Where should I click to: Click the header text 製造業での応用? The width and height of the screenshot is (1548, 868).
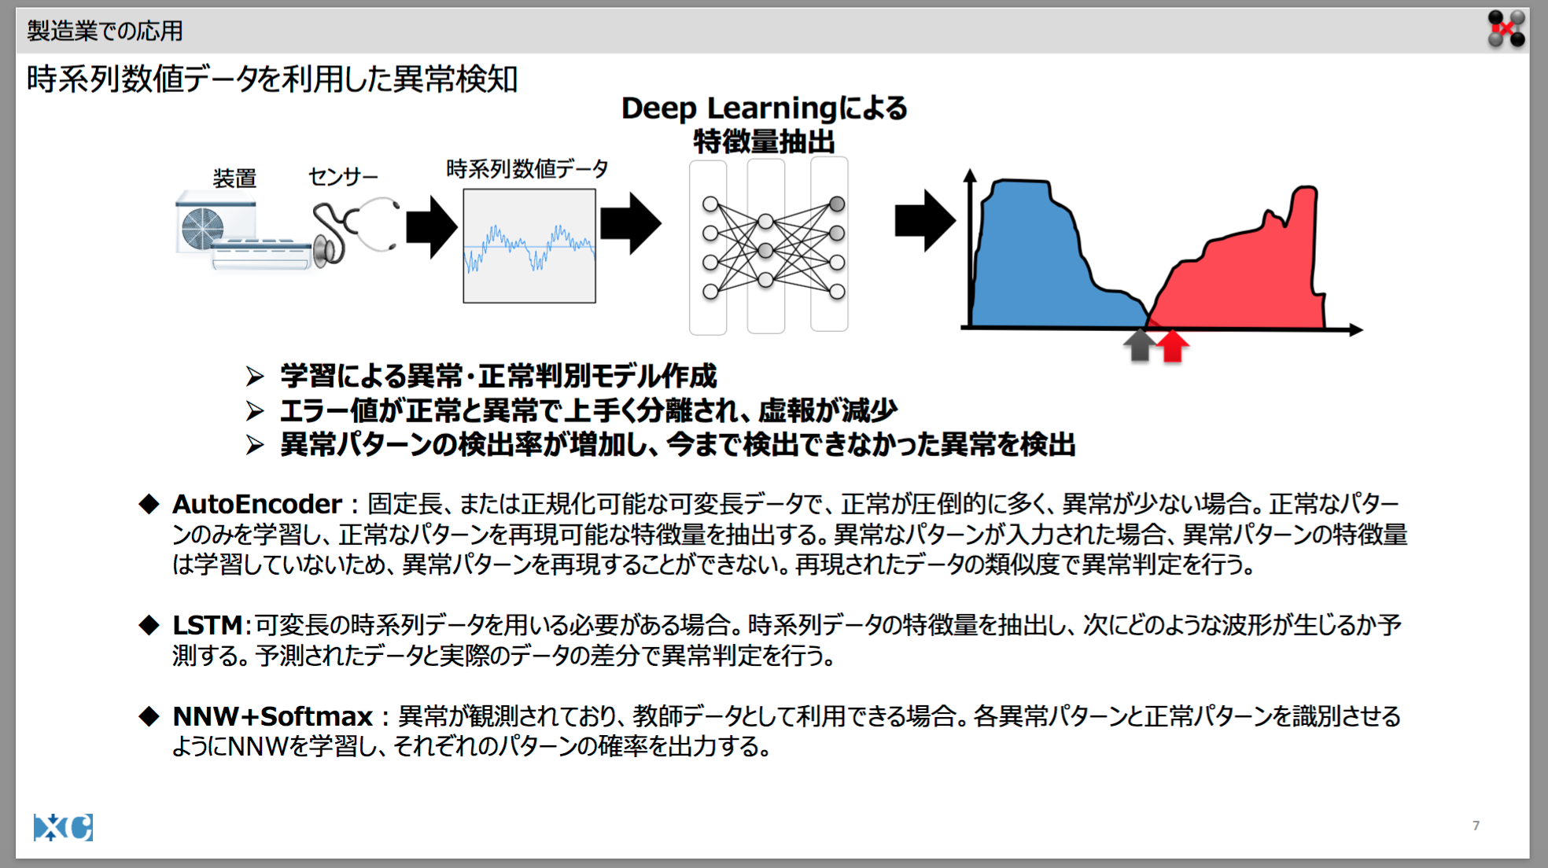[105, 31]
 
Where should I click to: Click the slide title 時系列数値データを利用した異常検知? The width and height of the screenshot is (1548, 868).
[272, 79]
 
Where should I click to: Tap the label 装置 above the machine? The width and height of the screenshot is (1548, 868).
[234, 178]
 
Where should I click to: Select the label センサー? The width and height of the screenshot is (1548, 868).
[343, 177]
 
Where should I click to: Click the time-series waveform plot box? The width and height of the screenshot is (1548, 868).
[529, 245]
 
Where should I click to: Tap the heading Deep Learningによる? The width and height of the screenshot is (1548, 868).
[764, 108]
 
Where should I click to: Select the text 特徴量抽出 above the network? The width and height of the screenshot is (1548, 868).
[764, 142]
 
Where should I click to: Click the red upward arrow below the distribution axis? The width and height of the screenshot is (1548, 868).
[1173, 346]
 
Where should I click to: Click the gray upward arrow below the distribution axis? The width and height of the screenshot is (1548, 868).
[1139, 346]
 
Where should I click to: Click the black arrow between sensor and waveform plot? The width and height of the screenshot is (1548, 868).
[432, 226]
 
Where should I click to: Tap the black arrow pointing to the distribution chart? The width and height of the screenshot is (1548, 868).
[925, 221]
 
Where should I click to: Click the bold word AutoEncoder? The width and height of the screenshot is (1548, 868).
[257, 503]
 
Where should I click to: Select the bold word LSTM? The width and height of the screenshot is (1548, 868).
[207, 625]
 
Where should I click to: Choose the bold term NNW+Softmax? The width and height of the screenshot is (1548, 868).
[272, 716]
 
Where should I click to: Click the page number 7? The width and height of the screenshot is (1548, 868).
[1476, 826]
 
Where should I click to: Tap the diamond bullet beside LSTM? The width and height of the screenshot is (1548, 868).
[149, 625]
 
